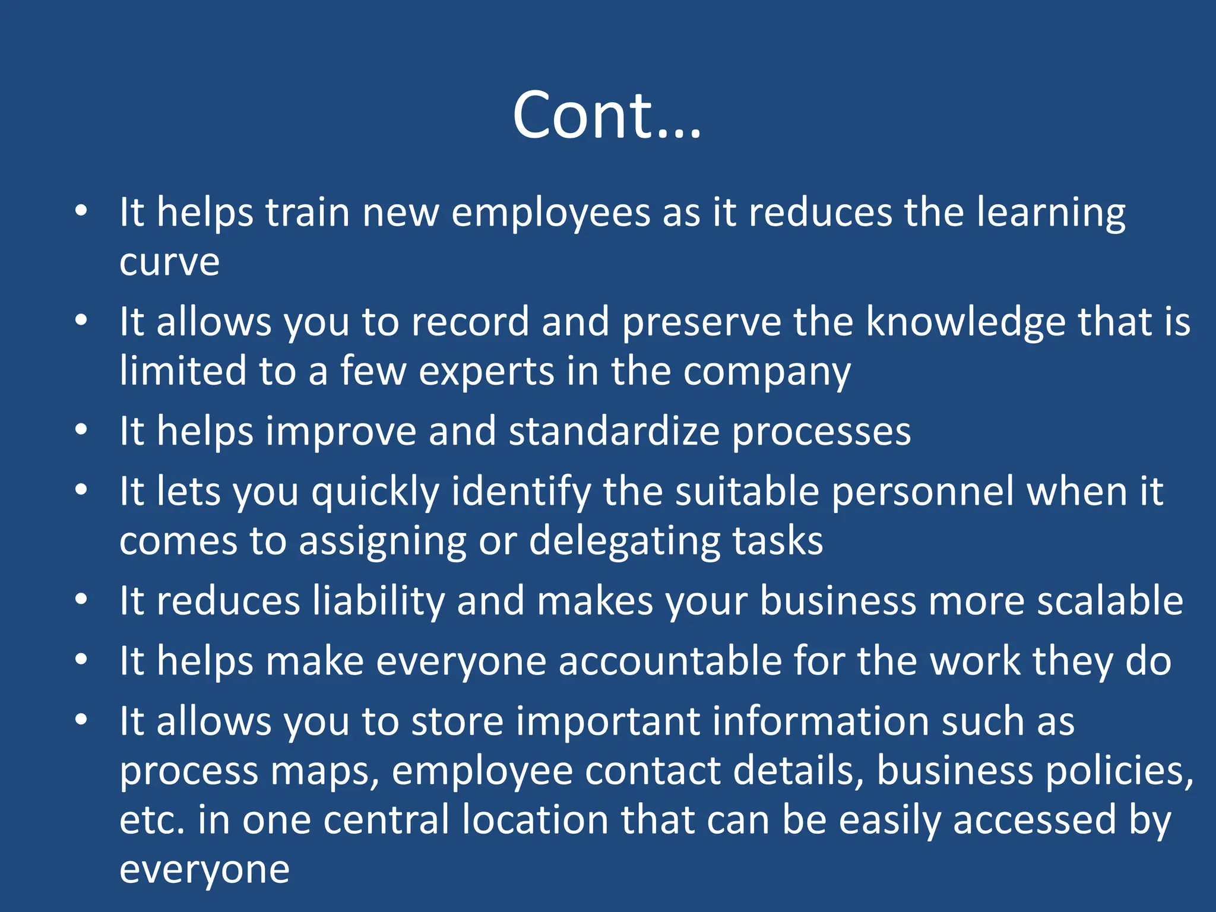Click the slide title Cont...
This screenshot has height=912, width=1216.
[607, 115]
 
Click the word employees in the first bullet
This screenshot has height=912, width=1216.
[550, 213]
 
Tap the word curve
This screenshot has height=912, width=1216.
[169, 261]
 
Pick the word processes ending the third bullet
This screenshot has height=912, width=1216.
[821, 432]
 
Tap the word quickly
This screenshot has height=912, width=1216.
[375, 493]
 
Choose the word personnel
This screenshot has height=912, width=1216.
[922, 492]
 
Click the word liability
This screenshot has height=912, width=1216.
[378, 601]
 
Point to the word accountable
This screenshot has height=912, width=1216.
[670, 661]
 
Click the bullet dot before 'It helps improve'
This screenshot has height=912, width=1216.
[82, 429]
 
